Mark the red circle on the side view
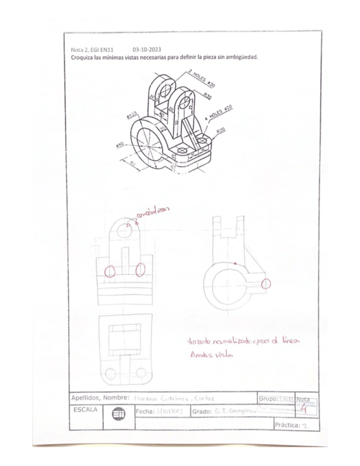[x=267, y=284]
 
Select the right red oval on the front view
[x=141, y=270]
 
